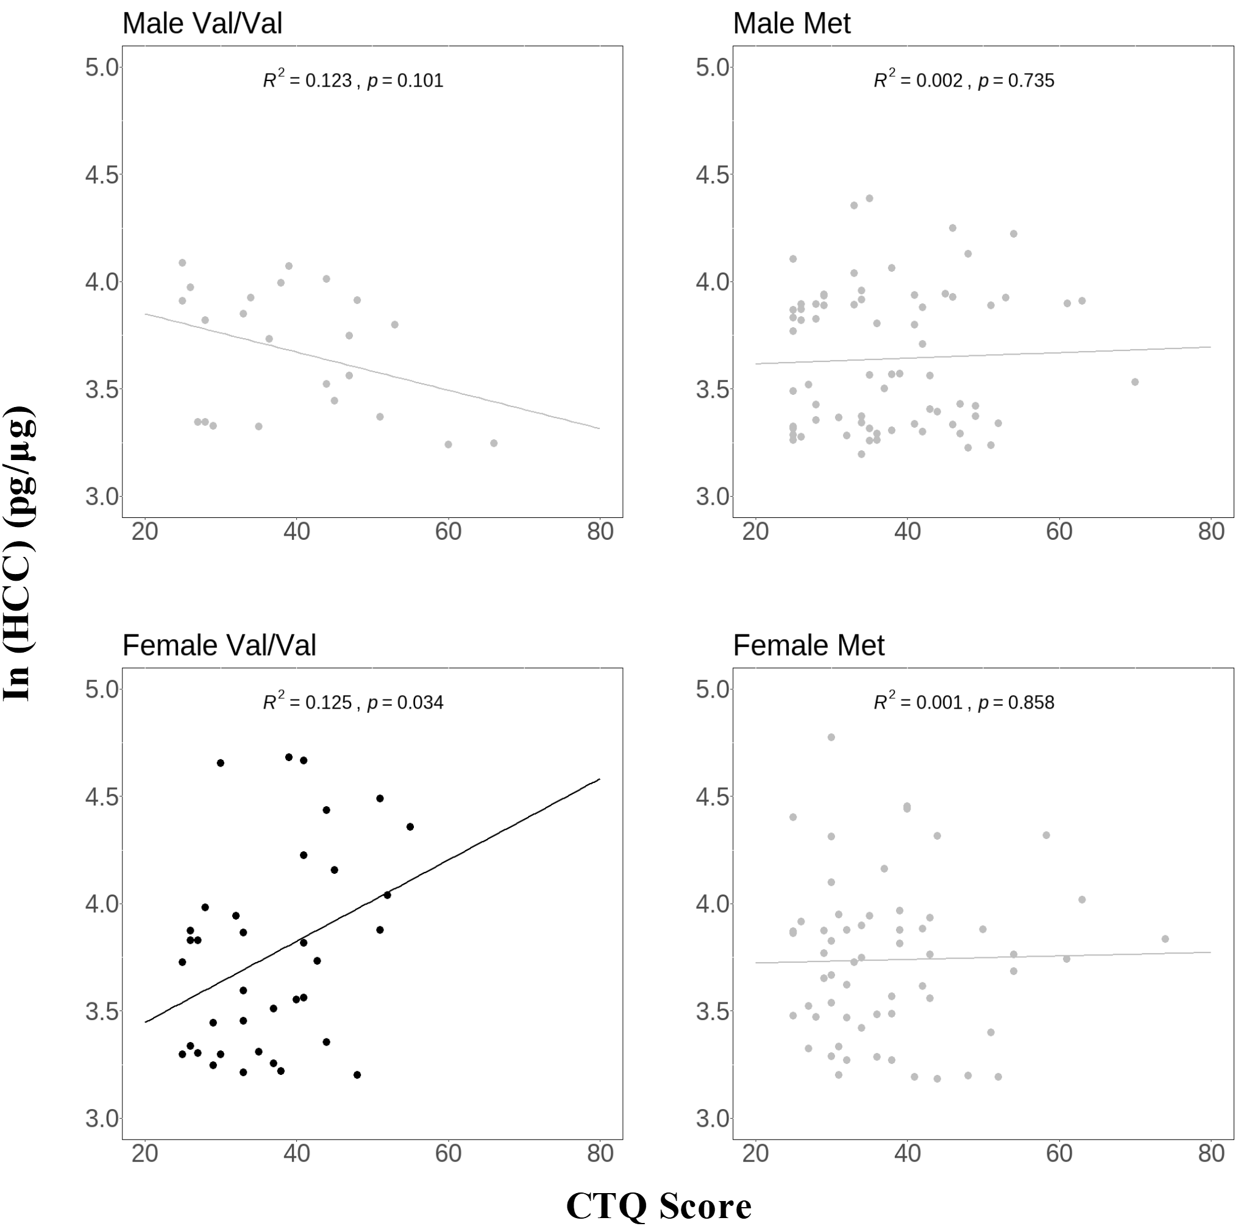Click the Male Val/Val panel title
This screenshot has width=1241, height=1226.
202,24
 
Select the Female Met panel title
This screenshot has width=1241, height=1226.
808,645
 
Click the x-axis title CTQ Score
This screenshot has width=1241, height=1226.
658,1205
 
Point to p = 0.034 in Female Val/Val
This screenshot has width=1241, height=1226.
405,703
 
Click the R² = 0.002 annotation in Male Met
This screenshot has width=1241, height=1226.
918,80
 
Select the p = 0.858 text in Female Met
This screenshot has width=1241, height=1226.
1016,703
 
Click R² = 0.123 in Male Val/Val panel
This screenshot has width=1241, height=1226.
307,80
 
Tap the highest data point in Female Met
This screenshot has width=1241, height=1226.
831,737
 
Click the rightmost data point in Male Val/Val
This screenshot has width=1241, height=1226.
494,443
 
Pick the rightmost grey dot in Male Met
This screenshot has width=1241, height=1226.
1135,382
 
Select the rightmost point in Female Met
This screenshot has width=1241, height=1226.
1165,939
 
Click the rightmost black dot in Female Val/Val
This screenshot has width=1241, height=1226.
410,826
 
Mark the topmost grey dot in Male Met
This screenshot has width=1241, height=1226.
870,199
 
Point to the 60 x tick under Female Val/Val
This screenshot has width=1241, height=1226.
449,1153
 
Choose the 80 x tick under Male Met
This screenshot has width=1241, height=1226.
1211,531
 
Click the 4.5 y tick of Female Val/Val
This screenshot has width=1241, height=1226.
102,796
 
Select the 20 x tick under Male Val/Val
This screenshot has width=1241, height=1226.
145,531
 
